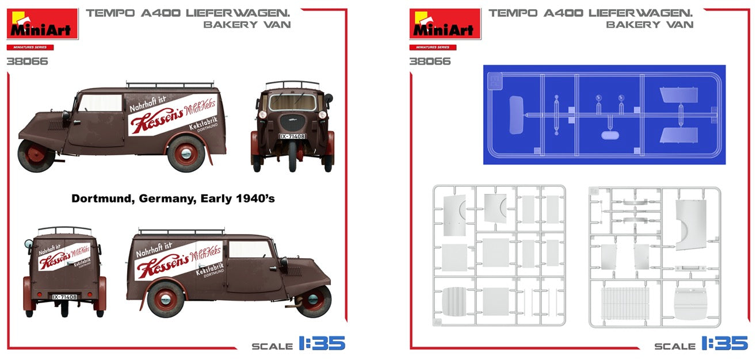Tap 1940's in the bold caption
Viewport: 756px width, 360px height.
coord(255,199)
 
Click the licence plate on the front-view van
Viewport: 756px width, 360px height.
coord(292,136)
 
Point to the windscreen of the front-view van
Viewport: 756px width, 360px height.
coord(292,102)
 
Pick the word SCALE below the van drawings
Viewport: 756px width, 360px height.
coord(272,346)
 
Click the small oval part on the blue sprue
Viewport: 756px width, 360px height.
coord(609,136)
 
